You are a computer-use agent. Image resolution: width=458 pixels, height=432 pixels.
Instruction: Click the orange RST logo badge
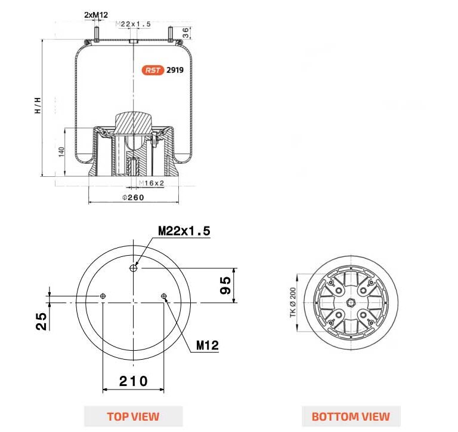[x=153, y=70]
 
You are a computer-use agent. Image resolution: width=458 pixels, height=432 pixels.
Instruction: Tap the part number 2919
[x=175, y=70]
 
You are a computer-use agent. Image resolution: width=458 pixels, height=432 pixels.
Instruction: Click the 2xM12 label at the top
[x=96, y=14]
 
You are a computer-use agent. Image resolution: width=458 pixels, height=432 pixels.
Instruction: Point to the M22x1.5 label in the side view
[x=134, y=24]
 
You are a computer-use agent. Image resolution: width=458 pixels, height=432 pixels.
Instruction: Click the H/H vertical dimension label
[x=38, y=105]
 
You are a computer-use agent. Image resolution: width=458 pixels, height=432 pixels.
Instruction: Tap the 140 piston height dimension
[x=61, y=152]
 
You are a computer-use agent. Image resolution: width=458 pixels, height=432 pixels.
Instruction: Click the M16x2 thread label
[x=151, y=183]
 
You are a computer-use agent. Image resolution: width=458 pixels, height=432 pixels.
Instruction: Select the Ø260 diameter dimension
[x=133, y=198]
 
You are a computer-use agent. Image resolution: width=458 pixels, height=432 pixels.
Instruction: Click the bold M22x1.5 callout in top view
[x=184, y=231]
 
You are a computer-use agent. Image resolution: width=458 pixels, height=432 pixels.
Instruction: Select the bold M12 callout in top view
[x=208, y=345]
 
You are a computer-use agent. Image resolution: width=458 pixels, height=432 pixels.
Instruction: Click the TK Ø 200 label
[x=293, y=303]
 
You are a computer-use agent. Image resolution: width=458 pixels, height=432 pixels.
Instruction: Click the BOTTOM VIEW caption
[x=351, y=416]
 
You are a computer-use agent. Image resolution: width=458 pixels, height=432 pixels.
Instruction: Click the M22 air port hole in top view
[x=134, y=269]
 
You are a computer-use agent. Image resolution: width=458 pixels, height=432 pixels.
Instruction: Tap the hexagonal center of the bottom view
[x=350, y=303]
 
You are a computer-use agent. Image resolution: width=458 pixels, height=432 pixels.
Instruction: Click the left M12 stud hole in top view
[x=103, y=296]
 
